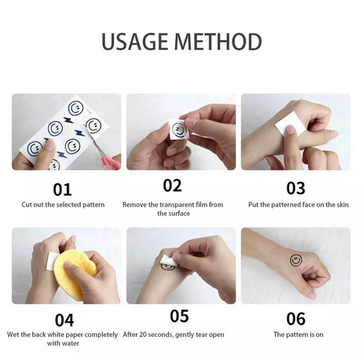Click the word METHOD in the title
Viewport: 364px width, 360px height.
[x=218, y=42]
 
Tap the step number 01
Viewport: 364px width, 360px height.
[x=62, y=190]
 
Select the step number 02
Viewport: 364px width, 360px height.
[x=172, y=186]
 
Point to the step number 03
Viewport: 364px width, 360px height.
[x=295, y=188]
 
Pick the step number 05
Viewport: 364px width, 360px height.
[x=180, y=316]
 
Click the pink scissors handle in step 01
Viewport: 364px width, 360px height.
[x=110, y=161]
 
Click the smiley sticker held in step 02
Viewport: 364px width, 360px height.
[x=178, y=129]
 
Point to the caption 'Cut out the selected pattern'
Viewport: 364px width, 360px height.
[x=63, y=205]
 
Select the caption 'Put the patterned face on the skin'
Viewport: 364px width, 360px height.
[x=298, y=205]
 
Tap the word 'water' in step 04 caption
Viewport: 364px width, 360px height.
[x=70, y=343]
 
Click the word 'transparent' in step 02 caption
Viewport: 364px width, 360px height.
[x=174, y=205]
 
